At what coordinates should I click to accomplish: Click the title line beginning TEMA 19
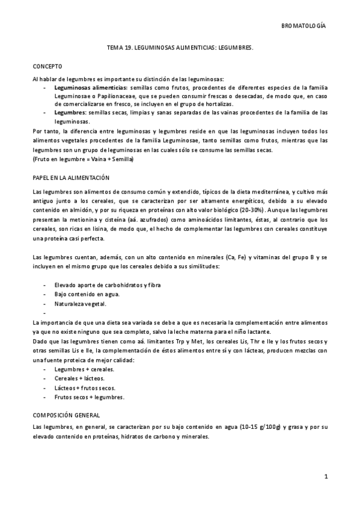tap(180, 53)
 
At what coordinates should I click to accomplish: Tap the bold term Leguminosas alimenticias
tap(86, 87)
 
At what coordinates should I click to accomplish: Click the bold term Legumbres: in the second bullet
tap(70, 112)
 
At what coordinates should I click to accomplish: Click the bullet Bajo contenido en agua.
tap(87, 293)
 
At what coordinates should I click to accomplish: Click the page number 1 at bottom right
tap(325, 477)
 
